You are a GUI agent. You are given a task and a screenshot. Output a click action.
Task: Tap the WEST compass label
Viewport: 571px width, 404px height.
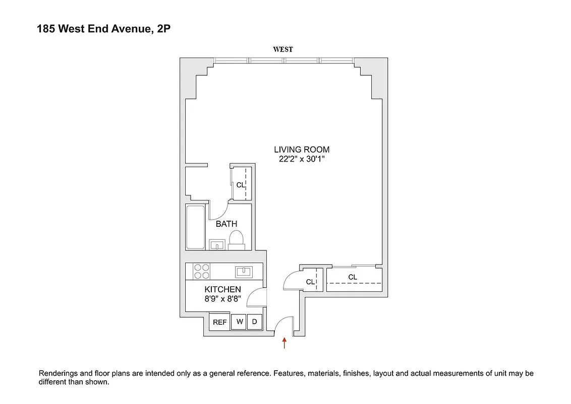click(x=283, y=49)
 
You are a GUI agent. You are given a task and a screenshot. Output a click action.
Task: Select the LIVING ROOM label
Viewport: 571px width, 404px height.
click(x=302, y=149)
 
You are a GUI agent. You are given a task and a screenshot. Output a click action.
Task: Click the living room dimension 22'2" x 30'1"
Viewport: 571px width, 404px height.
click(x=302, y=159)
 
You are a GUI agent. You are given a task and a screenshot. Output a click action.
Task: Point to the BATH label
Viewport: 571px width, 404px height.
click(x=226, y=224)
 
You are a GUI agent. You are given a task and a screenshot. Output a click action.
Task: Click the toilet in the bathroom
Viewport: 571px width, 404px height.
click(x=236, y=239)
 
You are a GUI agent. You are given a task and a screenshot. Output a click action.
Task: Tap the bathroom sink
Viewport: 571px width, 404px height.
click(x=217, y=245)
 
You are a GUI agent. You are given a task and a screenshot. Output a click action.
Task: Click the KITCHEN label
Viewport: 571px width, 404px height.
click(x=222, y=289)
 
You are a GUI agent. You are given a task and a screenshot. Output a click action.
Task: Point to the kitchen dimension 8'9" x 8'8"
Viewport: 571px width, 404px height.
click(x=222, y=298)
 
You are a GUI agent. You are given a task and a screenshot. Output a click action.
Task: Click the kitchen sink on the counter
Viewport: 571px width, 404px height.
click(x=244, y=272)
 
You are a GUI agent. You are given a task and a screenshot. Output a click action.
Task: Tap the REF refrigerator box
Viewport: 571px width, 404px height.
click(x=219, y=322)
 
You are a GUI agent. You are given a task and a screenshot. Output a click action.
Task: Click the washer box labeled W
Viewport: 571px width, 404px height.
click(x=239, y=322)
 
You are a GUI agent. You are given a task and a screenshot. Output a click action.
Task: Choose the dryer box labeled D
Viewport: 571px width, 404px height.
click(x=255, y=322)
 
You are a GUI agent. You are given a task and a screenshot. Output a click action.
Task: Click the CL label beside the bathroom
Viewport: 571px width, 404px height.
click(x=241, y=185)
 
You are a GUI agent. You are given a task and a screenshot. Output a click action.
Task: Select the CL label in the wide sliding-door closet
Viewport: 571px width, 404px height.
click(x=353, y=277)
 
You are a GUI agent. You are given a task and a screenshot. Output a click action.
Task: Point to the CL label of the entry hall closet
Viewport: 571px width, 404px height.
click(x=310, y=282)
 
